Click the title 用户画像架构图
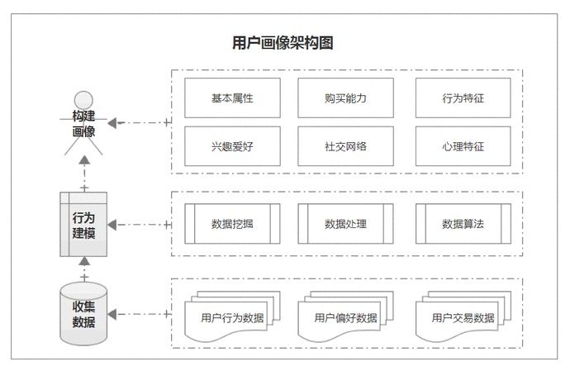click(x=283, y=44)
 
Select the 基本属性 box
click(x=232, y=98)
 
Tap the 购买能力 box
click(x=345, y=98)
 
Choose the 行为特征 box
click(x=463, y=98)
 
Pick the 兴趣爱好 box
click(x=232, y=146)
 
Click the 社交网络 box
click(x=345, y=146)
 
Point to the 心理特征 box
click(x=463, y=146)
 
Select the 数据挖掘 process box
click(x=232, y=224)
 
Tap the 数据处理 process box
click(x=345, y=224)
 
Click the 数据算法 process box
click(x=463, y=224)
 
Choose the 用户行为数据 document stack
click(x=230, y=316)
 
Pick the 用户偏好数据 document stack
click(x=344, y=316)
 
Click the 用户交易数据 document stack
click(x=462, y=316)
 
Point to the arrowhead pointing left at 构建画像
click(x=112, y=123)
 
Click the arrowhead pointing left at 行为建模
click(x=114, y=225)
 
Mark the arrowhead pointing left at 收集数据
click(x=114, y=314)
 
